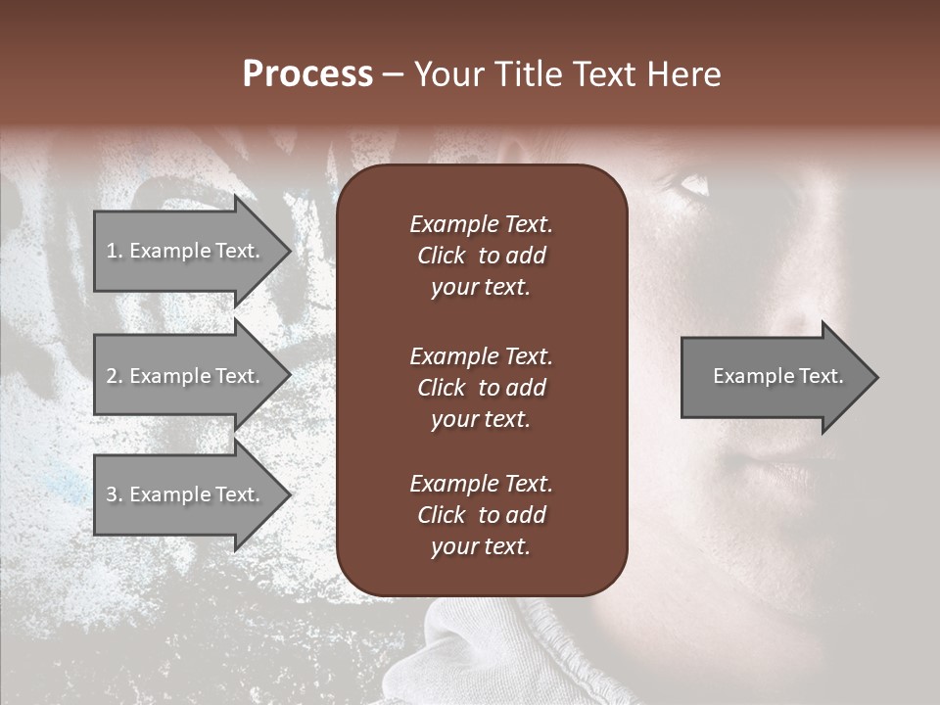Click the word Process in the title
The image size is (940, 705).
[x=307, y=75]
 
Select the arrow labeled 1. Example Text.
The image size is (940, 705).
[x=186, y=251]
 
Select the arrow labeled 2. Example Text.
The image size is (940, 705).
[x=186, y=376]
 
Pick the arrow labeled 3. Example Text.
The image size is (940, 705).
[x=186, y=494]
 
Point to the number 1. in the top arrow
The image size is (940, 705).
[x=114, y=251]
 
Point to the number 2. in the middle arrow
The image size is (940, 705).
[x=114, y=376]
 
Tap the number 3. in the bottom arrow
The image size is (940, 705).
[x=114, y=494]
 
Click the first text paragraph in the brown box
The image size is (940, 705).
[x=481, y=256]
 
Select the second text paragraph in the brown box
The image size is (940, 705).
[x=481, y=388]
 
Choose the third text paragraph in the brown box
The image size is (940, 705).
[x=481, y=515]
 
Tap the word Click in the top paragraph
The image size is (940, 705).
[x=441, y=256]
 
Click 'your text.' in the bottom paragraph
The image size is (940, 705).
[x=481, y=546]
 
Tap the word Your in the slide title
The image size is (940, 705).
[x=446, y=75]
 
